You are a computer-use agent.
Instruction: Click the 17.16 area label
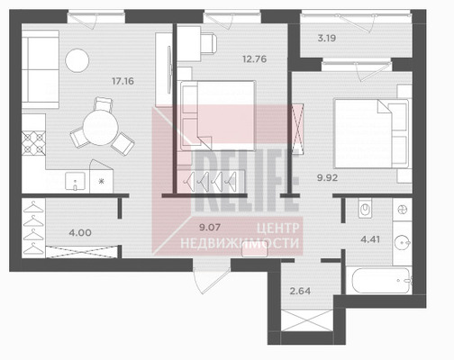pos(123,81)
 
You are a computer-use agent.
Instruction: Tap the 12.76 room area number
pos(255,58)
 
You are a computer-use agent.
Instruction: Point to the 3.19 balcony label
pos(327,38)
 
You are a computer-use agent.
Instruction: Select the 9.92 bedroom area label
pos(328,177)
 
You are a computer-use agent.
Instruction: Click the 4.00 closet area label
pos(80,232)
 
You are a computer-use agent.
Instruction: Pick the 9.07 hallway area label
pos(210,227)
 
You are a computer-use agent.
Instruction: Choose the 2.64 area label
pos(300,291)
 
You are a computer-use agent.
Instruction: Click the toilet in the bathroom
pos(365,208)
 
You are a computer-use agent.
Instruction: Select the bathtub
pos(381,281)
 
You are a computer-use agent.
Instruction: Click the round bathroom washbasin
pos(402,242)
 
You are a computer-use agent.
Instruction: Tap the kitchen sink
pos(75,181)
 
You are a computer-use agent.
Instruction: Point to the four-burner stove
pos(33,143)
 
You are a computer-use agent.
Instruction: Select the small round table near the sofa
pos(77,60)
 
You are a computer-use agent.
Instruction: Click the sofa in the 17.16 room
pos(41,69)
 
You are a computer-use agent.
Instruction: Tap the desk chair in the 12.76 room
pos(208,44)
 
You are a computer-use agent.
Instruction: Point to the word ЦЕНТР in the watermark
pos(278,229)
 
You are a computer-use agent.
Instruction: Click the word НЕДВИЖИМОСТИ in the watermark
pos(240,243)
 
